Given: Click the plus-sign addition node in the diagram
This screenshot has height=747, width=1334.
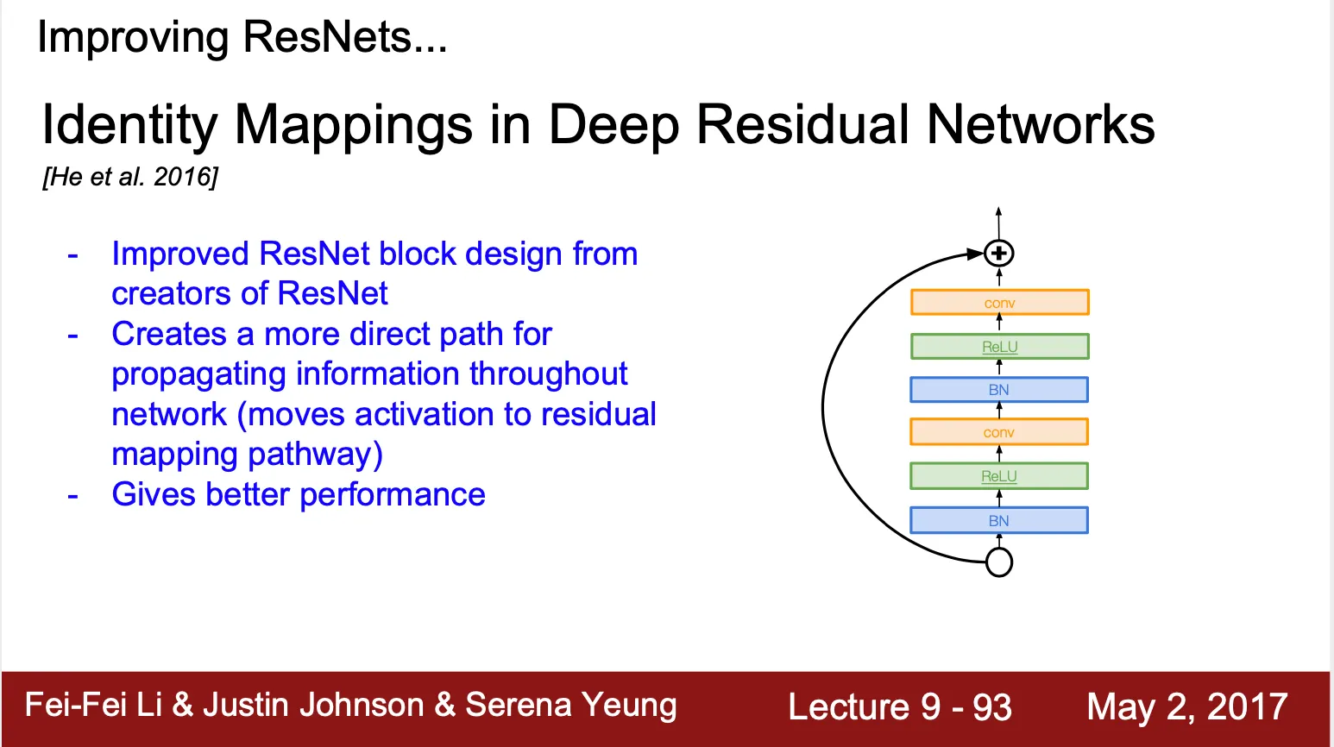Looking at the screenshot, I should (999, 254).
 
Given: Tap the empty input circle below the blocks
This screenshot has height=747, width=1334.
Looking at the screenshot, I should (999, 562).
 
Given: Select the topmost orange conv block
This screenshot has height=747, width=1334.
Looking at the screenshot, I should (999, 303).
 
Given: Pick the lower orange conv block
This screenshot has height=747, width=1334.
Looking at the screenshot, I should (999, 432).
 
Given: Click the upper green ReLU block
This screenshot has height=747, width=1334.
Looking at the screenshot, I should (999, 347).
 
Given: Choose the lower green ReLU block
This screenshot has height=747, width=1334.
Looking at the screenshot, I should (999, 476).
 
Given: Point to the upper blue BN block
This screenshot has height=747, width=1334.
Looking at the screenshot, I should (999, 390).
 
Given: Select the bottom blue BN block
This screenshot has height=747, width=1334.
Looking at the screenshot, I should (999, 521).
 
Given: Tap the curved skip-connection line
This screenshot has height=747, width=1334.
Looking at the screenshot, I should (824, 405).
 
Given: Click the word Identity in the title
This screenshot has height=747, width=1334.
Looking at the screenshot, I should (129, 125).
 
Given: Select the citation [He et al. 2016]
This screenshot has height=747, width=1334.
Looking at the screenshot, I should (130, 177).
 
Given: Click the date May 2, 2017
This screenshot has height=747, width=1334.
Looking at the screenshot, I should (1186, 706).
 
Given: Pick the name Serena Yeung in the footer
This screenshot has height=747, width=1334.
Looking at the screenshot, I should (570, 706).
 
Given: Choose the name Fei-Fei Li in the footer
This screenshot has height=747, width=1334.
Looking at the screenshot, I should (93, 705).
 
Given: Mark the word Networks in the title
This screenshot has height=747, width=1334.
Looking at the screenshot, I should (1041, 125).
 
